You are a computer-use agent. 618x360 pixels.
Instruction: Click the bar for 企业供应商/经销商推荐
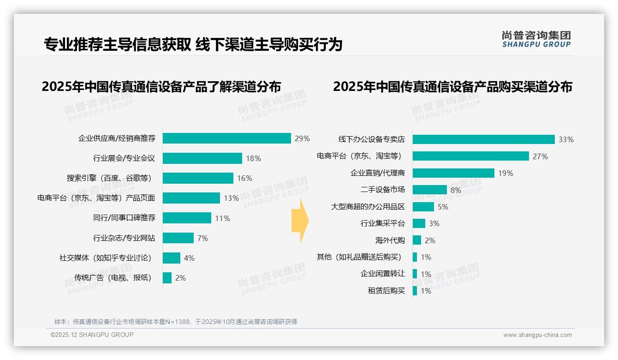point(226,138)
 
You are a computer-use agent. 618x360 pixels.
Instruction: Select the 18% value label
point(253,158)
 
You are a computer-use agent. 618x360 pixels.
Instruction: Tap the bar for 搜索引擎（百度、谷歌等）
point(198,178)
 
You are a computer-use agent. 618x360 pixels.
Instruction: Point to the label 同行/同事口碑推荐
point(124,218)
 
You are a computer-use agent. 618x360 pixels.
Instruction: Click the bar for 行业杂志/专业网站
point(178,238)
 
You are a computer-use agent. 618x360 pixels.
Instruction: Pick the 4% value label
point(189,258)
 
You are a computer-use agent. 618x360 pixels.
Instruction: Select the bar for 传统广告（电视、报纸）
point(167,278)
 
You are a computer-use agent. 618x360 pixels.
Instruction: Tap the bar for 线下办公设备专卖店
point(483,139)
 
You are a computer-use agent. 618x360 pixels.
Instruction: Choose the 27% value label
point(540,156)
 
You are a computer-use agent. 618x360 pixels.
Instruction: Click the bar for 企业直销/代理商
point(453,173)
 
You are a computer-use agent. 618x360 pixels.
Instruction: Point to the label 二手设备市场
point(382,190)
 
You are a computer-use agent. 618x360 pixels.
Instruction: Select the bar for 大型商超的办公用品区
point(423,207)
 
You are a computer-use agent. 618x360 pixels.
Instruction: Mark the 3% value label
point(434,223)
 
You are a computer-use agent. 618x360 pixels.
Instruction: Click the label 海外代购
point(390,240)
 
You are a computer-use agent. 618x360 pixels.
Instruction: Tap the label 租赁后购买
point(386,291)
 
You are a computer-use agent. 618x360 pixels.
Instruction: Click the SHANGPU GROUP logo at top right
point(536,39)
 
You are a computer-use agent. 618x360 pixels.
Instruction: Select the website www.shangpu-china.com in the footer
point(537,335)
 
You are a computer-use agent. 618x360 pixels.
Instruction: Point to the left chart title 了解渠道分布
point(161,87)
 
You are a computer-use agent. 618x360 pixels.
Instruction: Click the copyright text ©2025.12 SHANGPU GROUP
point(92,335)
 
